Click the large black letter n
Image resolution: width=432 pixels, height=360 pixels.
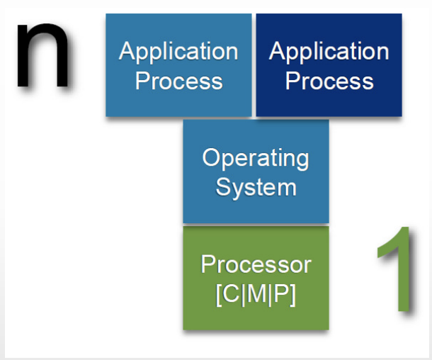click(42, 56)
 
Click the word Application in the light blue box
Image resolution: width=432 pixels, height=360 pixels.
click(178, 52)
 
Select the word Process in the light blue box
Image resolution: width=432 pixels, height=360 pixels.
click(178, 81)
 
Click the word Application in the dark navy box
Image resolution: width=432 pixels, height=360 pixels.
click(329, 52)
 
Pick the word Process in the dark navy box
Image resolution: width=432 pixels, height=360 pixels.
click(329, 81)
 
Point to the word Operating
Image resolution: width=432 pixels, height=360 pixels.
click(256, 158)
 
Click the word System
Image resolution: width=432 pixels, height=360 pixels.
click(256, 188)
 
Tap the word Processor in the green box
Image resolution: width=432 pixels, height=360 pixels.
click(256, 264)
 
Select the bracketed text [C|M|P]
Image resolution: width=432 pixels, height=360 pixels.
click(256, 294)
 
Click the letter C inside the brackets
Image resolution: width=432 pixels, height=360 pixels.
click(231, 293)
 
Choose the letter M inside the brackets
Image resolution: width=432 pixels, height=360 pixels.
click(256, 293)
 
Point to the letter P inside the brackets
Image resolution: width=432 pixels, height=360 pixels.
click(281, 293)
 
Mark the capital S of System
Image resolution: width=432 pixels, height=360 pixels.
click(223, 186)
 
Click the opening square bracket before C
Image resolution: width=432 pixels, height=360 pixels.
click(219, 295)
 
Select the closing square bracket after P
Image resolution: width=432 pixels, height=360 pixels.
click(293, 295)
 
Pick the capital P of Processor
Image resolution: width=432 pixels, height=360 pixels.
click(208, 264)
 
